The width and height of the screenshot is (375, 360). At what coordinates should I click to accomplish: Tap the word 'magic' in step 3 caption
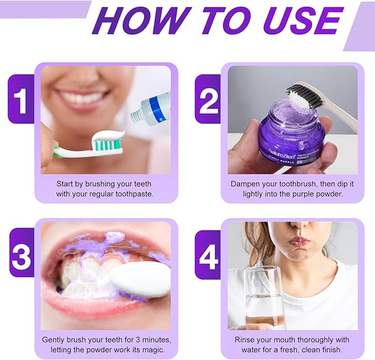(x=149, y=350)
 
